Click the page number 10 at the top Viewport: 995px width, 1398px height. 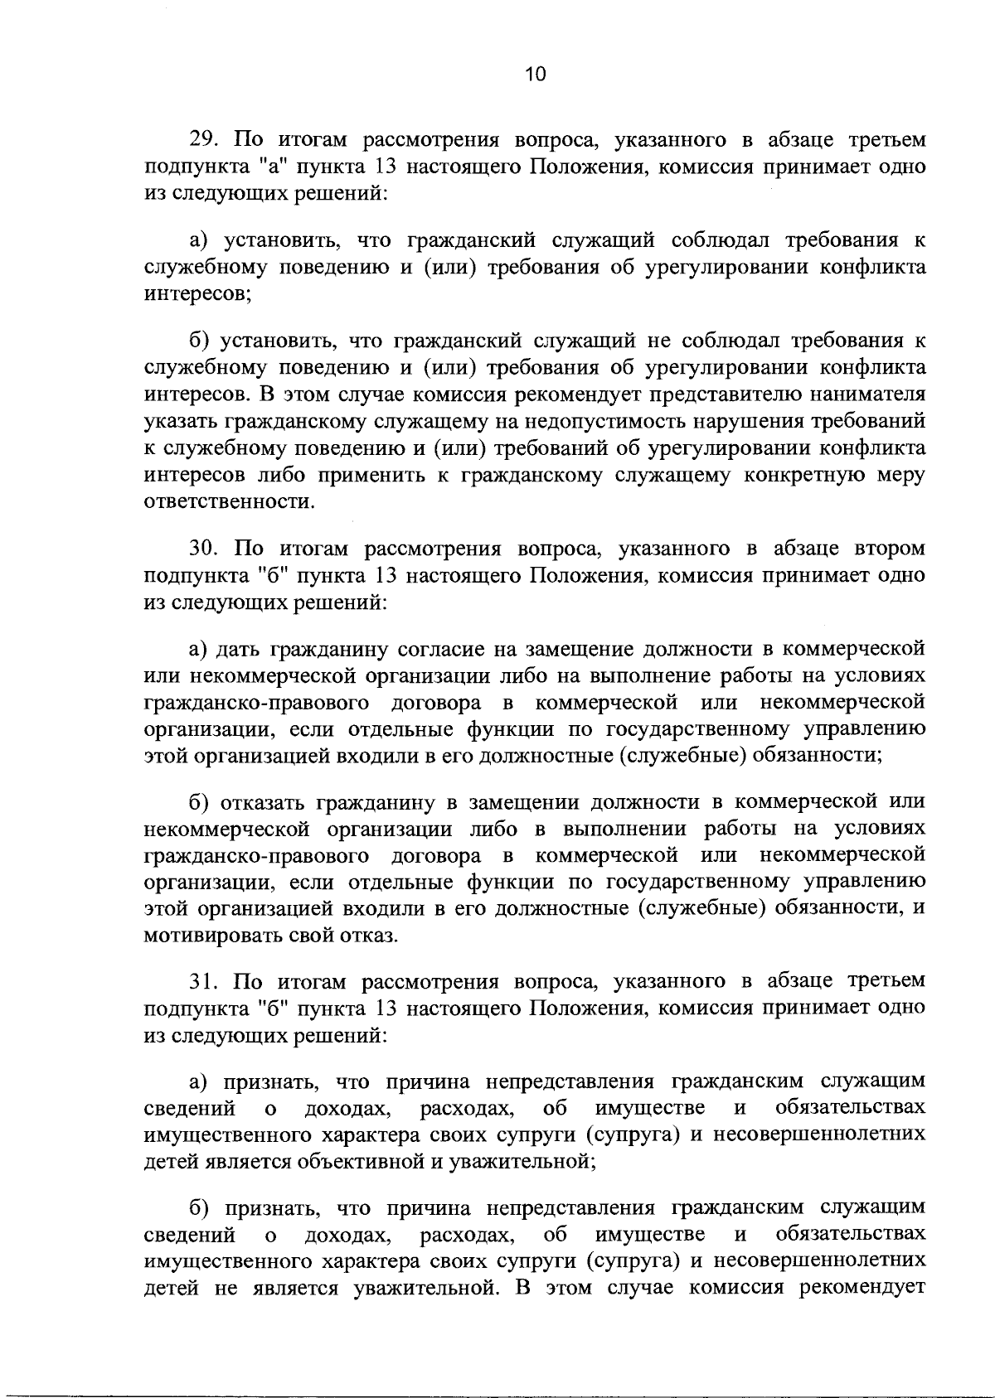click(536, 75)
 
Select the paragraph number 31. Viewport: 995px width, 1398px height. click(203, 981)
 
